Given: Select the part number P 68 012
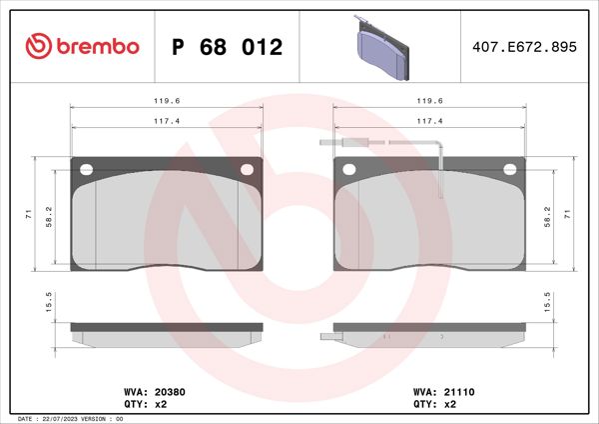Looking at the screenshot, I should (227, 47).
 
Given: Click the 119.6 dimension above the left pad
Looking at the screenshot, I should (166, 101).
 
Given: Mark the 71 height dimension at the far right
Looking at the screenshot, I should (568, 213).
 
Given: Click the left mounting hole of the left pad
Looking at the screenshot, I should (86, 168).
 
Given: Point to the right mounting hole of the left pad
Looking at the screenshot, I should (248, 168).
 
